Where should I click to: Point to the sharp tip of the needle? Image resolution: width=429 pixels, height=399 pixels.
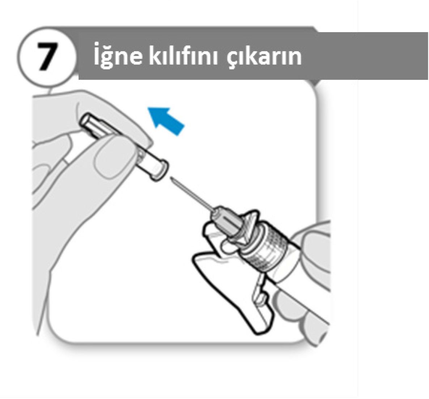pyautogui.click(x=170, y=178)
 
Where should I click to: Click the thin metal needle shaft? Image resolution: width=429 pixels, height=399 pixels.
pyautogui.click(x=191, y=194)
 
